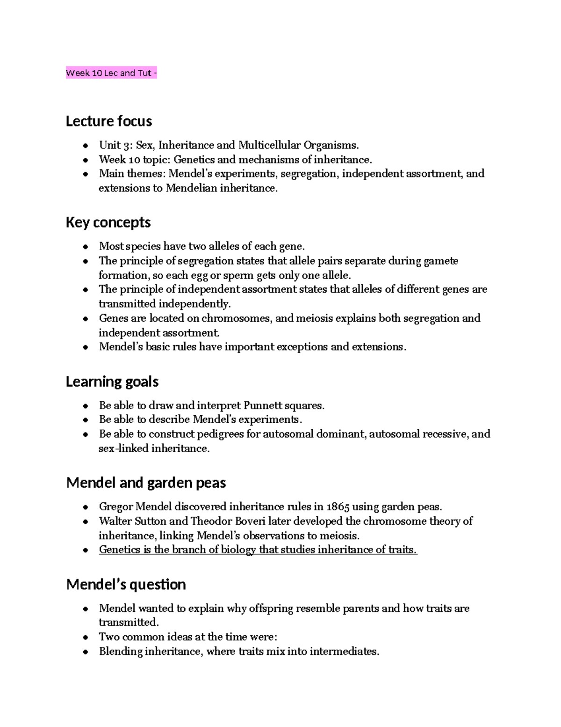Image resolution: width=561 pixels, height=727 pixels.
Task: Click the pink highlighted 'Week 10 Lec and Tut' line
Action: (x=111, y=73)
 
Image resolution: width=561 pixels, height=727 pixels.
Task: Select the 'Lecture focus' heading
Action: (x=108, y=121)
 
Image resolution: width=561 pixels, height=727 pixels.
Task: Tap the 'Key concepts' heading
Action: (x=108, y=222)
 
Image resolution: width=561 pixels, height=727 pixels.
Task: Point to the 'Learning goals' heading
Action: (x=112, y=382)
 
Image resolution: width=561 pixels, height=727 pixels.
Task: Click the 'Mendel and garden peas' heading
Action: (x=146, y=483)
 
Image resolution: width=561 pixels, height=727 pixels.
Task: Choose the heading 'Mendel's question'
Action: (x=126, y=584)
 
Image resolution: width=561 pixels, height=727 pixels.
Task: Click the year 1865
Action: (x=338, y=507)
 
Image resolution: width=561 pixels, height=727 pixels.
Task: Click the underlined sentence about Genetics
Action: (x=258, y=550)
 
